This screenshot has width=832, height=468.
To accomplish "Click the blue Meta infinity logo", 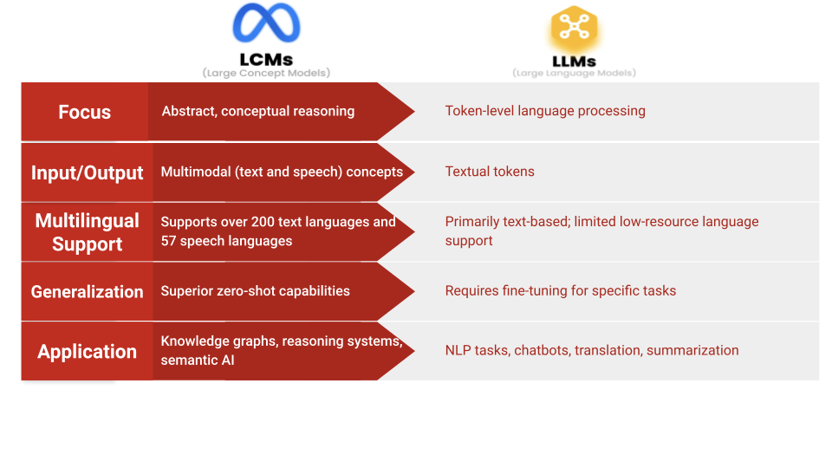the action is (x=266, y=25).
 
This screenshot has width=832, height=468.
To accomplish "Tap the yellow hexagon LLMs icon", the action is (x=575, y=29).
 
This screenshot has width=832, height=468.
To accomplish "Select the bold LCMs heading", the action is (x=266, y=60).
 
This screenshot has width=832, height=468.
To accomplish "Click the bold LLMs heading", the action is (x=574, y=62).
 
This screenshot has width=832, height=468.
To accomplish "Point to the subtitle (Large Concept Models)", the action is (x=266, y=74).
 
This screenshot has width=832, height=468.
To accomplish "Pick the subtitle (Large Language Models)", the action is (x=574, y=74).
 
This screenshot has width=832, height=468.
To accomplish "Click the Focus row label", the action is (x=85, y=112).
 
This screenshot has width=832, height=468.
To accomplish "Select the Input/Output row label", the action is (x=87, y=172).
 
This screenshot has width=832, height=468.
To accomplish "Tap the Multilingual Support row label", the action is (x=87, y=232).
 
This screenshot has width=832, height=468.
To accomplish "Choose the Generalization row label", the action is (x=87, y=292).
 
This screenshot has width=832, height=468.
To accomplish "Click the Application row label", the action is (x=87, y=352).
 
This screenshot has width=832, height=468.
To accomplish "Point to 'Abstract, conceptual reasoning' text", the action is (x=258, y=111).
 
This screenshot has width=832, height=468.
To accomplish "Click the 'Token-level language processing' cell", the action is (x=545, y=111).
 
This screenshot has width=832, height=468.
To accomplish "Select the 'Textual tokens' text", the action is (x=490, y=172).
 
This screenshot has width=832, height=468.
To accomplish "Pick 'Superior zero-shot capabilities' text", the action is (x=256, y=291).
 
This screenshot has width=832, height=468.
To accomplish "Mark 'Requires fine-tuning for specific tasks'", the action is (x=561, y=291).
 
